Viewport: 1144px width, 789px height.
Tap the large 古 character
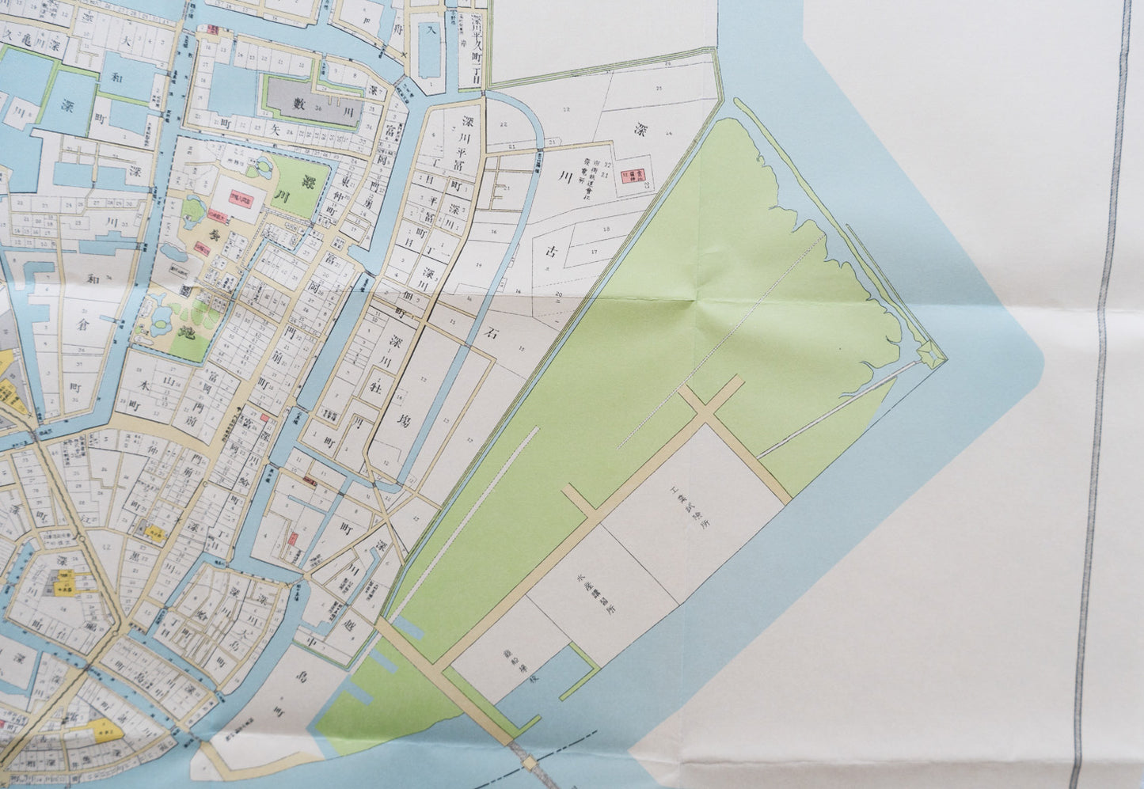click(x=550, y=251)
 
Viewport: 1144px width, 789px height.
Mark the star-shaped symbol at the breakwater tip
click(x=929, y=356)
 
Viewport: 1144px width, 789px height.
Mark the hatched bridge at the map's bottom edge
click(x=526, y=764)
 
